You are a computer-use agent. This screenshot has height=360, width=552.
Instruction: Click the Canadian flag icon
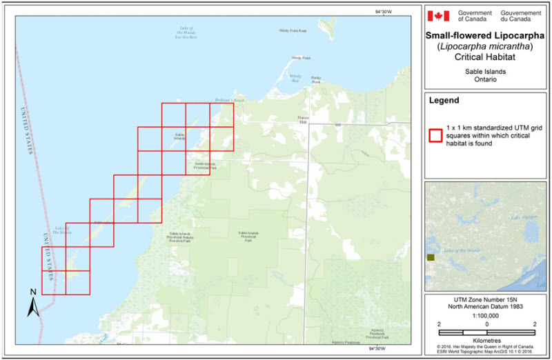(x=439, y=16)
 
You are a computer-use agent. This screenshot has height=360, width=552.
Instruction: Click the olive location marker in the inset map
(x=431, y=257)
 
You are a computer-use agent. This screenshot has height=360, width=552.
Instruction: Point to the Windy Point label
(x=297, y=57)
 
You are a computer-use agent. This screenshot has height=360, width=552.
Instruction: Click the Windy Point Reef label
(x=293, y=31)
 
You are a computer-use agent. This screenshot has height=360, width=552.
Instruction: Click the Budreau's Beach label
(x=229, y=101)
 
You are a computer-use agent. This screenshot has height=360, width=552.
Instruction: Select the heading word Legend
(x=444, y=101)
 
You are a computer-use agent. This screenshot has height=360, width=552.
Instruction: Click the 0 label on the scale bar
(x=487, y=323)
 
